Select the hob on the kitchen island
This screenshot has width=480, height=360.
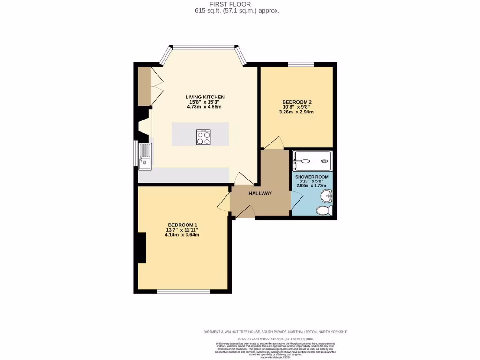203,137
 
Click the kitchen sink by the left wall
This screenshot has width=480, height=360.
145,157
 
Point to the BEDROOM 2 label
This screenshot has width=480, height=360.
297,102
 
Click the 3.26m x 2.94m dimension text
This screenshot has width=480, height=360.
297,112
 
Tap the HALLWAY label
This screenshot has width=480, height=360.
260,193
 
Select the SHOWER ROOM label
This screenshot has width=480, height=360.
312,176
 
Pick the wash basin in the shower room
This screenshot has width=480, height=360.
327,195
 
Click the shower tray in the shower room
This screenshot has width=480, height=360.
312,161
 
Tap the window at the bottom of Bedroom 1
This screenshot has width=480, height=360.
183,292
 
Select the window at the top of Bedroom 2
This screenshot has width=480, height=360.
300,64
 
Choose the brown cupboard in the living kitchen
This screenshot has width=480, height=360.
144,86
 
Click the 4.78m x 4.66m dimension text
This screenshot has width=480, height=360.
204,107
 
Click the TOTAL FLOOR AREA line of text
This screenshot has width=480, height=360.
275,338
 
